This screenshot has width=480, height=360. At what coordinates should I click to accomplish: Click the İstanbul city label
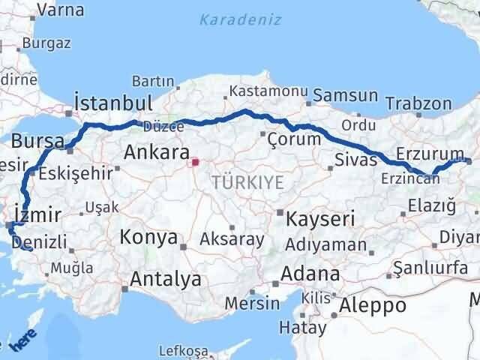tap(114, 103)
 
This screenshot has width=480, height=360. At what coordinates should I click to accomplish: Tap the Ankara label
tap(156, 153)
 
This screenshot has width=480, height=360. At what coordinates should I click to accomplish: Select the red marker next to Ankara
tap(195, 161)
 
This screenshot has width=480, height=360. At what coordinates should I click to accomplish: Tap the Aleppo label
tap(373, 305)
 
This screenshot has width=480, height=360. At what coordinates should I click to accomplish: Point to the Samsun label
tap(346, 95)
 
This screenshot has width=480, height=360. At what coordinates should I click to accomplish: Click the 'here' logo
tap(22, 344)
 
